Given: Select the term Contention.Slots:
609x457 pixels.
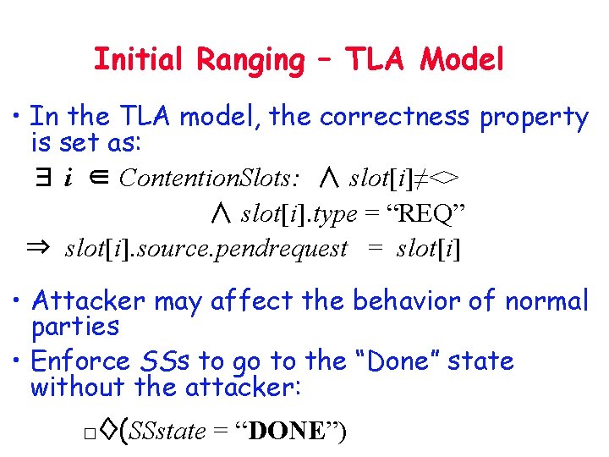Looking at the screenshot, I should tap(209, 179).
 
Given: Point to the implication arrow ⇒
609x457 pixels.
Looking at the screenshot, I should tap(39, 249).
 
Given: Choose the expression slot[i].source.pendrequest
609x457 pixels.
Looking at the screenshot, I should tap(206, 249).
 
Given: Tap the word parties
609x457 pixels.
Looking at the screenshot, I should tap(74, 327).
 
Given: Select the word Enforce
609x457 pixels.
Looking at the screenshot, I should tap(80, 361).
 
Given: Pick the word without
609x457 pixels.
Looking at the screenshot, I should tap(73, 388).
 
